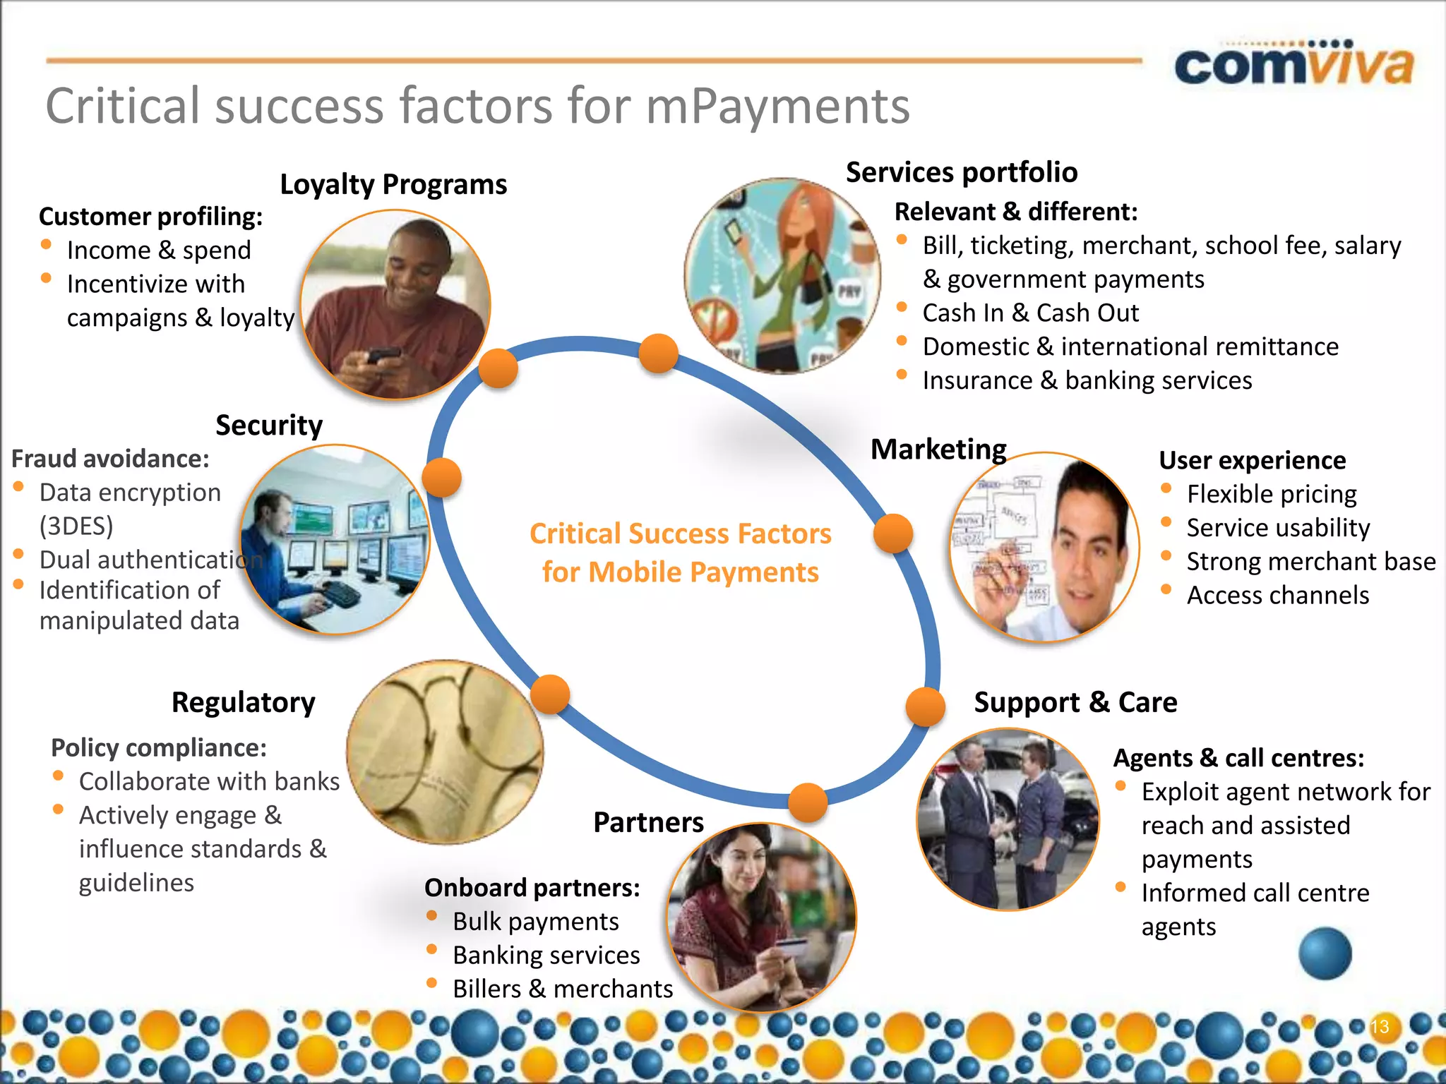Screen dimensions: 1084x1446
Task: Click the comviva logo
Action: [1293, 66]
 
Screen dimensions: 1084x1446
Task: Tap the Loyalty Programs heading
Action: [393, 185]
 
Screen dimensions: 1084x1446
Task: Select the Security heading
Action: [269, 426]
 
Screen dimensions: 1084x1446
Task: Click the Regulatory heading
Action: [244, 703]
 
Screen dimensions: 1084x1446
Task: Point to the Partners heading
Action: [648, 823]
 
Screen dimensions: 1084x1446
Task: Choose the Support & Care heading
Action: [1075, 703]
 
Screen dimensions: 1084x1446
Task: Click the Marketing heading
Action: [938, 450]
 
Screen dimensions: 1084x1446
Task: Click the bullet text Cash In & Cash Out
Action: [1030, 313]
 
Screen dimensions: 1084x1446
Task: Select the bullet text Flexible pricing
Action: [1272, 494]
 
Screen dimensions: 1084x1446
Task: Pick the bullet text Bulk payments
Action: [535, 922]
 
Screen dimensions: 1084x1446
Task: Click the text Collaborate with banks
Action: [209, 782]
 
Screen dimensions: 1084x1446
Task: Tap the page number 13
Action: [1380, 1026]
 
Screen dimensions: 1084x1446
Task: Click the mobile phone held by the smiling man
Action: [382, 356]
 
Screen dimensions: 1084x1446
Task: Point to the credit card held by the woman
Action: [791, 946]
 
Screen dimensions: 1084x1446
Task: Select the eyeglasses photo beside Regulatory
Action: [445, 752]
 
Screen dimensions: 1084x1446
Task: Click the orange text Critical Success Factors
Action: [680, 534]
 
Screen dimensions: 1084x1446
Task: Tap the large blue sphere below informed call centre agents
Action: [1325, 953]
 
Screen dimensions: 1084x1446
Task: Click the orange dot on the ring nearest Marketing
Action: [893, 534]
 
